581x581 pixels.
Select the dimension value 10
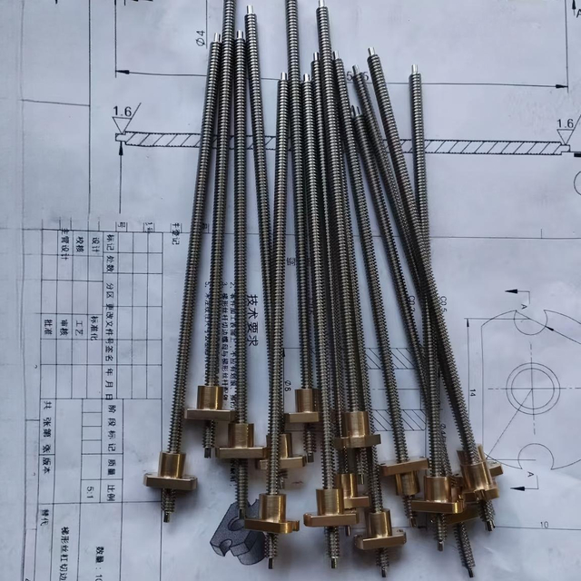tap(545, 524)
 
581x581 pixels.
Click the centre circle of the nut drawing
tap(533, 388)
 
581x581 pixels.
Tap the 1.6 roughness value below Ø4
tap(122, 112)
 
